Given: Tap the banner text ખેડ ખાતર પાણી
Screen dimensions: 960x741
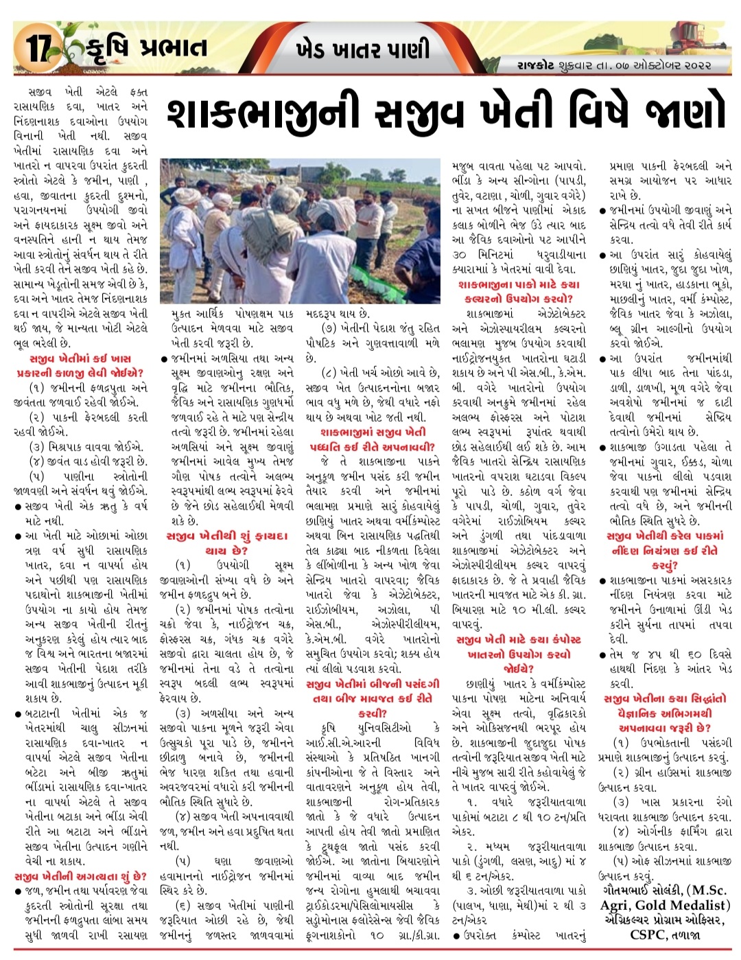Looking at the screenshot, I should tap(363, 49).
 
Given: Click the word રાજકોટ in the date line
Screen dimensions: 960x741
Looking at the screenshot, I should tap(537, 66).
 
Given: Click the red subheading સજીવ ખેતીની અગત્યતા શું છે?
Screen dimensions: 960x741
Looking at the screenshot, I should tap(80, 876).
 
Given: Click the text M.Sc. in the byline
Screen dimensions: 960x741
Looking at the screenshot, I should tap(706, 891).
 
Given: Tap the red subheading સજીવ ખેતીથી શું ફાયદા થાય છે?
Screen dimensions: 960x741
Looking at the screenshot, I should tap(226, 542).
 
